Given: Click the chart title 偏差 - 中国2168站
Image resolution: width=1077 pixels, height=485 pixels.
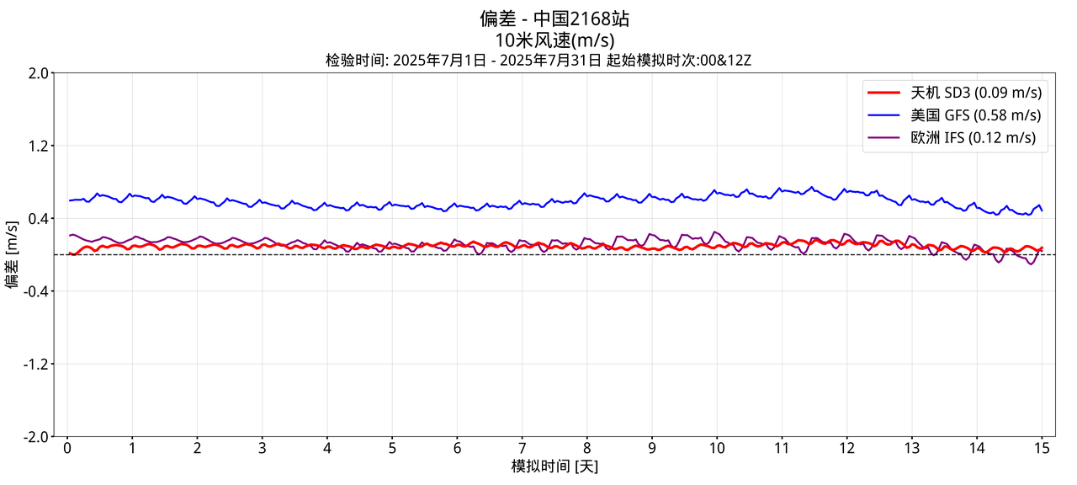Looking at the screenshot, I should coord(554,19).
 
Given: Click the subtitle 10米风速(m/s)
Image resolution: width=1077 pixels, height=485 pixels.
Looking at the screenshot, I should coord(554,40).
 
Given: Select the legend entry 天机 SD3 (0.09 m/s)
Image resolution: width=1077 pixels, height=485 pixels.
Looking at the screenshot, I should coord(975,92).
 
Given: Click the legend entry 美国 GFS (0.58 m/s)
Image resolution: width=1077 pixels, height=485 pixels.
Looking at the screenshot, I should coord(975,115).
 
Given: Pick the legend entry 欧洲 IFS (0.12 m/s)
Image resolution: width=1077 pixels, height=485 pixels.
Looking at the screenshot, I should coord(973,137).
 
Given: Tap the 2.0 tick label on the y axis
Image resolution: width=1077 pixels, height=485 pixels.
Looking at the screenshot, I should coord(38,73).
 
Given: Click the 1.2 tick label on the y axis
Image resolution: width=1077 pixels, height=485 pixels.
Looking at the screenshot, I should coord(38,147).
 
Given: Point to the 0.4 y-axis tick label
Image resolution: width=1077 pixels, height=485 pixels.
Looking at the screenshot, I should coord(38,219).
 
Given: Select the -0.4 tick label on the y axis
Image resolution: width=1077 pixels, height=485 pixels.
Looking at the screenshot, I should coord(35,291).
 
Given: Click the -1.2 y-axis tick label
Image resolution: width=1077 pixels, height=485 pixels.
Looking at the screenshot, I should coord(35,365).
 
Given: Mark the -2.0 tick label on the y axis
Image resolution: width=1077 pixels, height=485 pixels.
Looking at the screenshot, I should coord(35,437).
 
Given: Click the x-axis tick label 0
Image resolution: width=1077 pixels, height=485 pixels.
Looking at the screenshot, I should coord(67,447).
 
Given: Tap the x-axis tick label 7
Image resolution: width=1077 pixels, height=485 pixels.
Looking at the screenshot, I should coord(522,447).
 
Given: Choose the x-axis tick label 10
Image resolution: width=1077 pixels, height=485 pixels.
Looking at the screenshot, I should coord(716,447).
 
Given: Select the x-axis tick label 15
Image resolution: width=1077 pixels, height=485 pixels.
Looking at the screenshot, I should coord(1041,447).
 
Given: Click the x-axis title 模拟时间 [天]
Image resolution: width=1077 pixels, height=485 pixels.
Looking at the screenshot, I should coord(554,466).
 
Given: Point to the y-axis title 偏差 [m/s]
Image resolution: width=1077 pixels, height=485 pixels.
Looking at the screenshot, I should coord(13,254).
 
